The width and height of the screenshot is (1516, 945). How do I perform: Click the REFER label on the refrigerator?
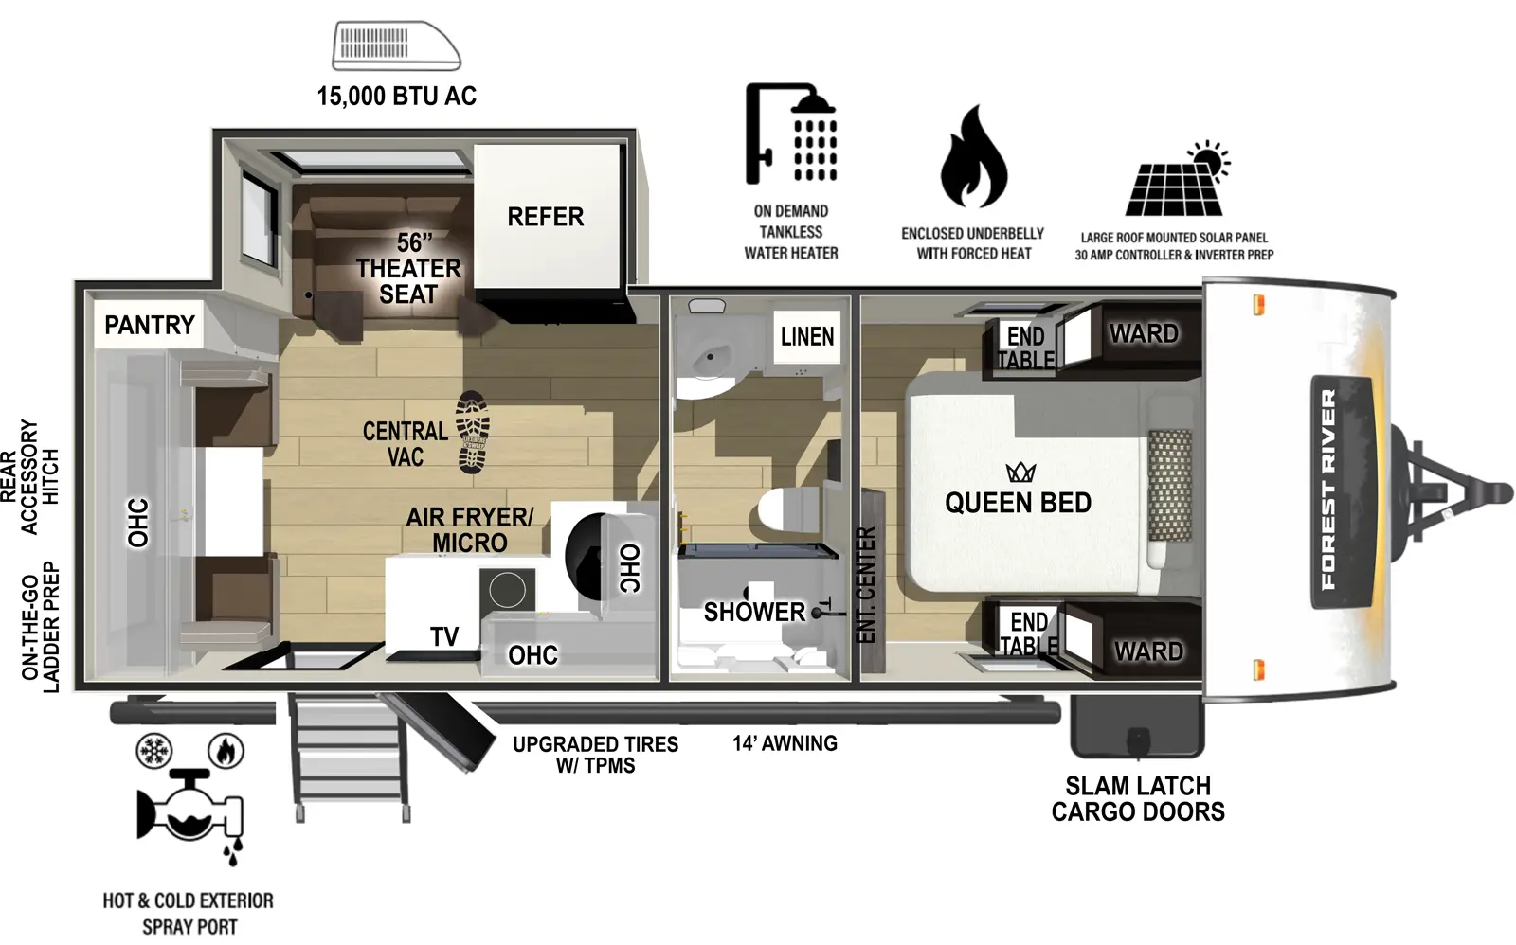(x=545, y=217)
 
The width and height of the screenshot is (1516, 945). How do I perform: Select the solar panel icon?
(x=1176, y=182)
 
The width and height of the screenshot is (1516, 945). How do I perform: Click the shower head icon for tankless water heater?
(x=791, y=134)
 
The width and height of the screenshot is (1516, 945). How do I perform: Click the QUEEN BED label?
(x=1018, y=503)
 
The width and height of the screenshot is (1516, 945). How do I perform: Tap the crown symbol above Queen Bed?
(x=1020, y=472)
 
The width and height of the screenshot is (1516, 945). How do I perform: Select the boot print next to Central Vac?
(x=472, y=433)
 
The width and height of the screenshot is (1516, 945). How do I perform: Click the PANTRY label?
(x=149, y=325)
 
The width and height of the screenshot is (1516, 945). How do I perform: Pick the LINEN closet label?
(x=807, y=336)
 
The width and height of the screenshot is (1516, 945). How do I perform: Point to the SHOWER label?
(x=754, y=612)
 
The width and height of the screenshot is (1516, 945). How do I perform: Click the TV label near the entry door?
(x=444, y=636)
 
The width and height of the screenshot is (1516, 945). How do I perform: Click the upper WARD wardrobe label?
(x=1144, y=333)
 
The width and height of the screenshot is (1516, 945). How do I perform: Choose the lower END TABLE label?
(x=1029, y=633)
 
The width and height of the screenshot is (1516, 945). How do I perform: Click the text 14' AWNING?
(x=785, y=743)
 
